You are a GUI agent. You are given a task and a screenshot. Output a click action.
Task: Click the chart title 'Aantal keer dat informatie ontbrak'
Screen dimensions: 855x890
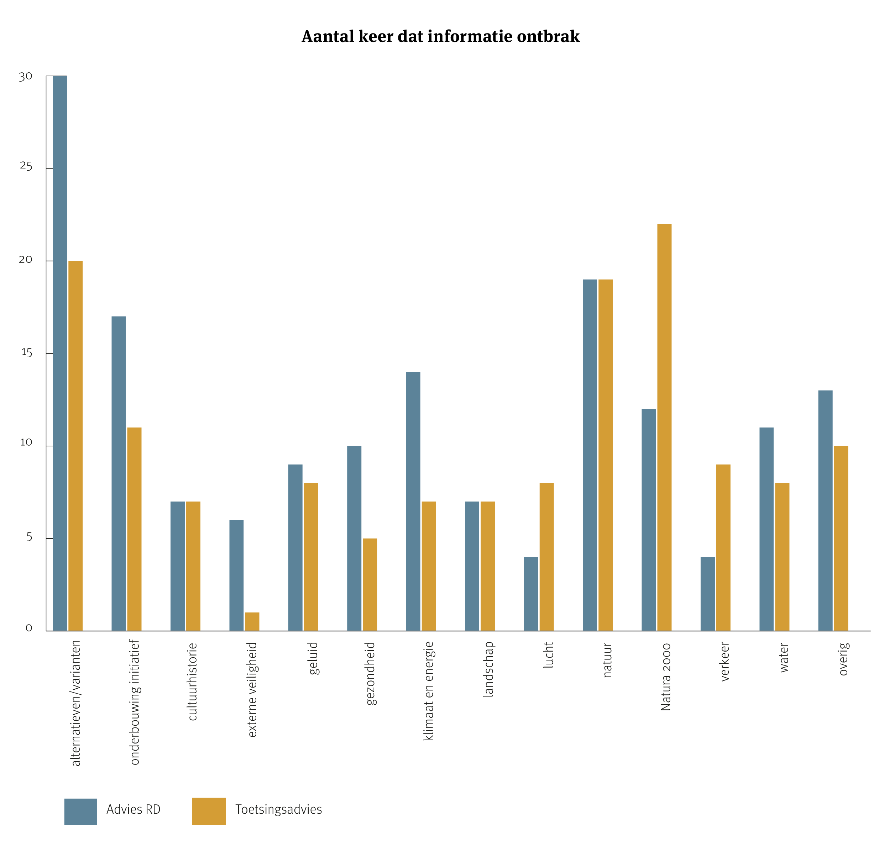pyautogui.click(x=440, y=36)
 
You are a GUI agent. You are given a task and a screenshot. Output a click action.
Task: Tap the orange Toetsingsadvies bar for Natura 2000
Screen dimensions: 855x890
pyautogui.click(x=664, y=427)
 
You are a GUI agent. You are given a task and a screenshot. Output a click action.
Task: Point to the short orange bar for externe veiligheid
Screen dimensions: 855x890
pyautogui.click(x=252, y=622)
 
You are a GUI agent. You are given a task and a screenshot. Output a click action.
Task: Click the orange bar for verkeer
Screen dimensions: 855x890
pyautogui.click(x=723, y=548)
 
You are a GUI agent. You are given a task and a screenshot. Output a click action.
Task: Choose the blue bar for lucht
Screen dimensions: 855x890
pyautogui.click(x=531, y=594)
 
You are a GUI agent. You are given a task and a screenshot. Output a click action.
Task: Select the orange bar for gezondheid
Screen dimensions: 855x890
pyautogui.click(x=370, y=585)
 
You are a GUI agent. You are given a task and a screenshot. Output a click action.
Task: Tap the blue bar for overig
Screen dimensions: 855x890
pyautogui.click(x=826, y=511)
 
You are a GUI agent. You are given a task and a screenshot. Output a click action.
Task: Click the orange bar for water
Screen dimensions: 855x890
pyautogui.click(x=782, y=557)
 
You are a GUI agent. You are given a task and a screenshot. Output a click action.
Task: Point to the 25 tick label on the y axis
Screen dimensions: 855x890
pyautogui.click(x=26, y=166)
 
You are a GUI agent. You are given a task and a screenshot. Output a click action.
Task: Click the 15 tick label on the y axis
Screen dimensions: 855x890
pyautogui.click(x=26, y=353)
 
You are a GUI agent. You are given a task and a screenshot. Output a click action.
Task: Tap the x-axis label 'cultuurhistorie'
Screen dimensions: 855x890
pyautogui.click(x=193, y=682)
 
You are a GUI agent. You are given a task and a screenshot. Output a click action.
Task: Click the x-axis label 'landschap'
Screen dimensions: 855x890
pyautogui.click(x=488, y=669)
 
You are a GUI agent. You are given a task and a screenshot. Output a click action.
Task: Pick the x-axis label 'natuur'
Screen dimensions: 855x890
pyautogui.click(x=607, y=660)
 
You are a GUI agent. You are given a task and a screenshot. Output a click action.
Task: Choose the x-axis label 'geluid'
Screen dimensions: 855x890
pyautogui.click(x=313, y=658)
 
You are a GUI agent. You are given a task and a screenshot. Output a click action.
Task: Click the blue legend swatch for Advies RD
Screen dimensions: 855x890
pyautogui.click(x=80, y=811)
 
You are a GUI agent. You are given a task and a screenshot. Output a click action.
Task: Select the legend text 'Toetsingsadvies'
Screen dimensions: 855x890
pyautogui.click(x=278, y=809)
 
